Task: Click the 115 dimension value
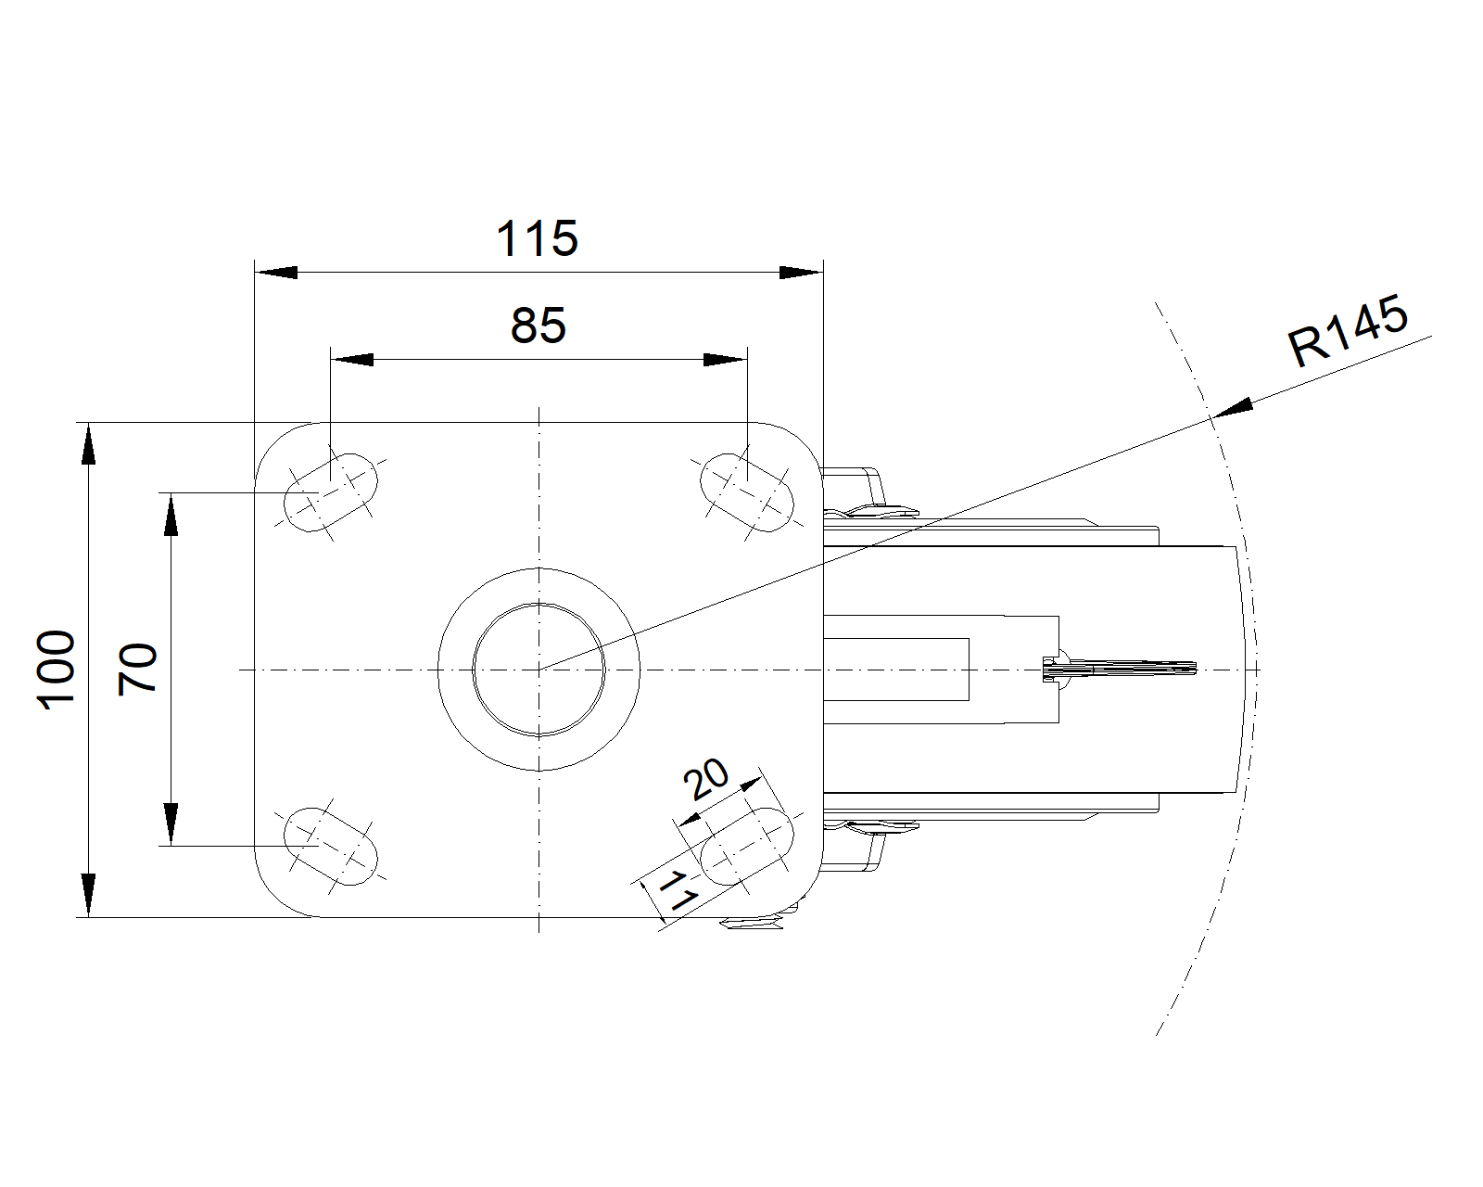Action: [537, 238]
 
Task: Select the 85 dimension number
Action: [539, 326]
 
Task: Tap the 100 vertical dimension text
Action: [56, 669]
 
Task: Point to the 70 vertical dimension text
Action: [138, 669]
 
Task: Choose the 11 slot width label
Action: [679, 890]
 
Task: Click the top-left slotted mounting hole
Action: [332, 492]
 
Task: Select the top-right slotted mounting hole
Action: [747, 492]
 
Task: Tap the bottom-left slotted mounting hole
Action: [332, 846]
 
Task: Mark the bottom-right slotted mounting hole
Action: [747, 846]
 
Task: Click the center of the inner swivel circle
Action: [539, 669]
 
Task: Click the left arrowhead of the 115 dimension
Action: [275, 273]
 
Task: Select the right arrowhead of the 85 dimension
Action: [726, 359]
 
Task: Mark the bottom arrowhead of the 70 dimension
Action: [171, 824]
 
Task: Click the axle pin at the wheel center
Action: [1119, 669]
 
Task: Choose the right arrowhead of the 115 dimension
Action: [802, 273]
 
